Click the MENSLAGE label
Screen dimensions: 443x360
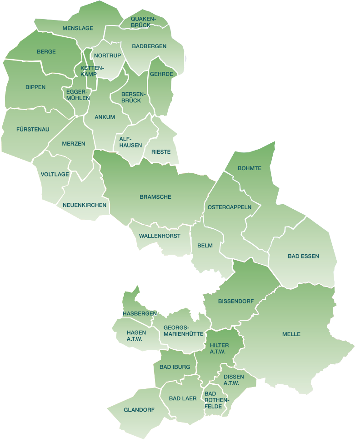point(78,28)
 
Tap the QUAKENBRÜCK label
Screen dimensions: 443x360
point(143,22)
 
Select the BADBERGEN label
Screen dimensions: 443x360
point(149,46)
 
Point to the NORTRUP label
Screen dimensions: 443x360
point(107,55)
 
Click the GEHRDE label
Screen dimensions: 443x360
point(161,74)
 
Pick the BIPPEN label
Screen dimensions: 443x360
point(35,87)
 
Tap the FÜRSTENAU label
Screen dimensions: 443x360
point(33,130)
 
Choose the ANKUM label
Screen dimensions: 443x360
point(105,117)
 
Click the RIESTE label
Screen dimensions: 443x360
point(161,152)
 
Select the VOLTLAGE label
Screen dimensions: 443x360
point(55,174)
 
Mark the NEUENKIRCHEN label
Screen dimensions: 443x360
point(85,205)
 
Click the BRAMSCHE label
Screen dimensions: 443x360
point(155,197)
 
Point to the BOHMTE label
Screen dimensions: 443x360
point(250,168)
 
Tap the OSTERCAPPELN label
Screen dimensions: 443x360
point(230,207)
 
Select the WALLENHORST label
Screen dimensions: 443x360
point(160,236)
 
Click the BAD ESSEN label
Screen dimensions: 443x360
point(303,257)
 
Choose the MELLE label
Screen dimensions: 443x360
point(291,334)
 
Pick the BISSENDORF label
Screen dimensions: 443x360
point(235,302)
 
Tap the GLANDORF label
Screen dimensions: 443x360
point(139,410)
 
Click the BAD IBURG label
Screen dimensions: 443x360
point(171,367)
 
